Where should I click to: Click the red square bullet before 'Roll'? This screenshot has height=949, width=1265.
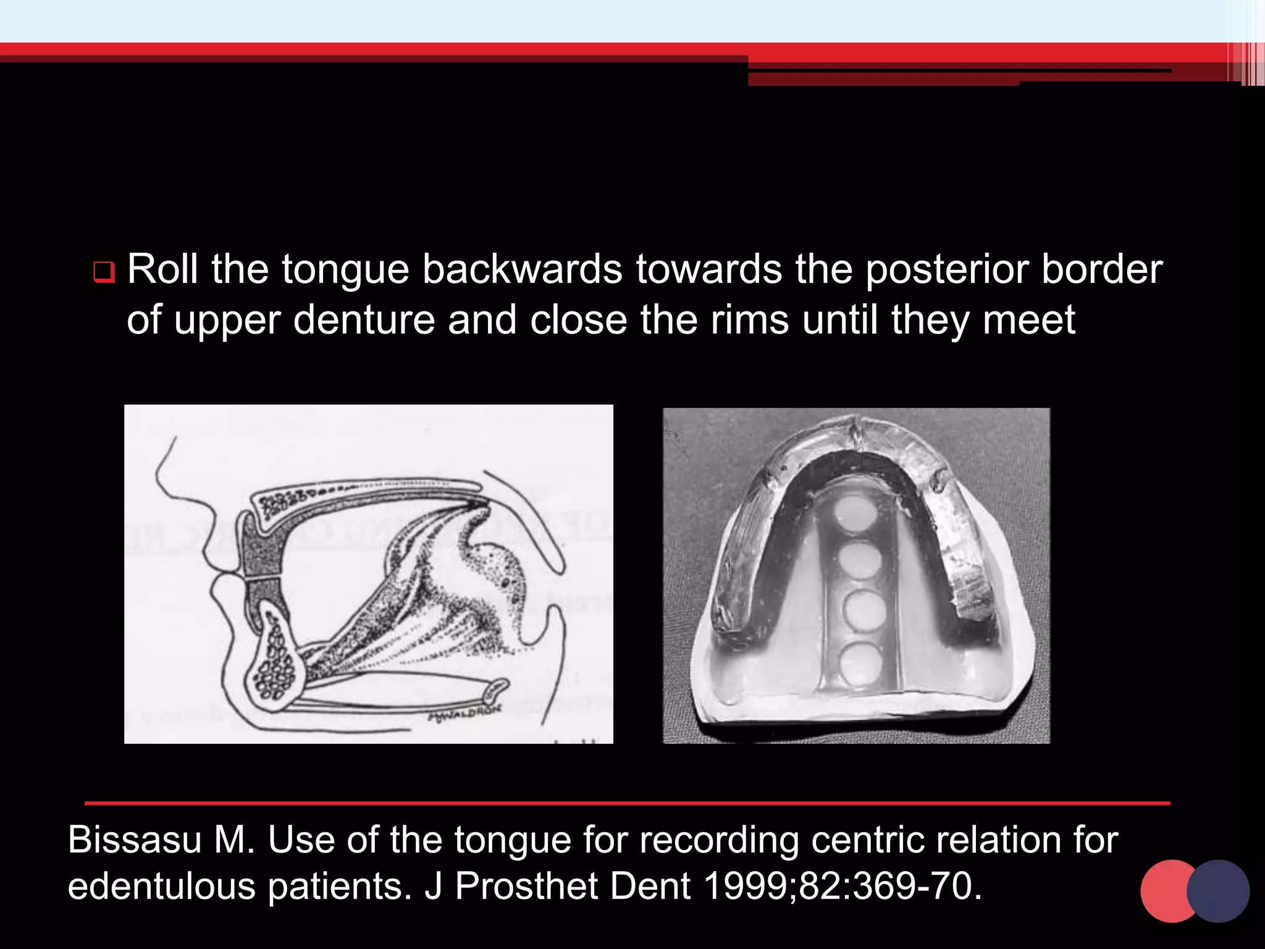click(x=104, y=272)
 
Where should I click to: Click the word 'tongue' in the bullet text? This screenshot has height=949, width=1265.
click(x=345, y=270)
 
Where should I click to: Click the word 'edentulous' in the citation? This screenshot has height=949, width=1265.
click(x=161, y=886)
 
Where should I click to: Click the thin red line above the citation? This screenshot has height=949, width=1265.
click(x=627, y=803)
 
